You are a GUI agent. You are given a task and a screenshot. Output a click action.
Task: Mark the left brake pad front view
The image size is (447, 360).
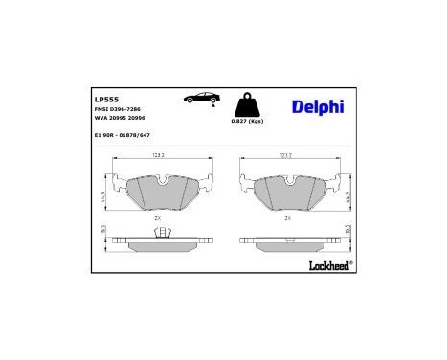(160, 192)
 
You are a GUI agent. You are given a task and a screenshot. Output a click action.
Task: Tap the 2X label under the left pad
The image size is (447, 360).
(157, 218)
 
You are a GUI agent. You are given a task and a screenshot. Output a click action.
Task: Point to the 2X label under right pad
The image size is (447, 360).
(287, 218)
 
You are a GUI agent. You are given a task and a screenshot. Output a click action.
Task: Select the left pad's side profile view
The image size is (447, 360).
(160, 242)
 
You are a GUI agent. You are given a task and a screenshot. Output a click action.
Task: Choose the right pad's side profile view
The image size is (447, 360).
(290, 242)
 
